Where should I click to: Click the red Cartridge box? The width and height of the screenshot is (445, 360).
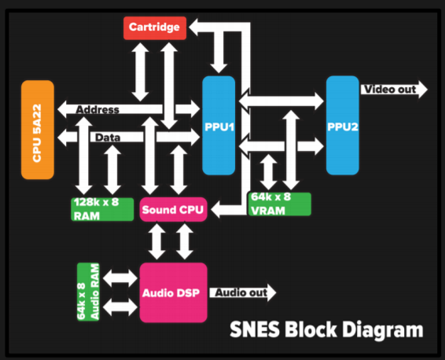[155, 28]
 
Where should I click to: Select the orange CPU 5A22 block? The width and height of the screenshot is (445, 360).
[38, 130]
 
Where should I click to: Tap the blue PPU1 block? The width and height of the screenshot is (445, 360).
[219, 125]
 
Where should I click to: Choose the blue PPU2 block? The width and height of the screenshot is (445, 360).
[343, 125]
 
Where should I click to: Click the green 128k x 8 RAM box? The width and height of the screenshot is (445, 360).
[102, 209]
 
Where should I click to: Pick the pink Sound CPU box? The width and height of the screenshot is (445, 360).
[173, 209]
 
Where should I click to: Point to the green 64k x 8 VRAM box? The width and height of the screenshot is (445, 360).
[280, 204]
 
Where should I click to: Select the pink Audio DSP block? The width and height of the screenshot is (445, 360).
[173, 292]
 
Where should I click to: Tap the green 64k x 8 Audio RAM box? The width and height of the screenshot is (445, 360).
[88, 292]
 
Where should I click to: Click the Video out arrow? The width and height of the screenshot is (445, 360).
[394, 90]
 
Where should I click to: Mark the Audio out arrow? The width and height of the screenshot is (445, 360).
[243, 292]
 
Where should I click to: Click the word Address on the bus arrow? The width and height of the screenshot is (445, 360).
[97, 109]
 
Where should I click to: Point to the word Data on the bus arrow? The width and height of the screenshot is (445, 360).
[108, 138]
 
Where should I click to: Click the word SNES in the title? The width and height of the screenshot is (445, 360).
[255, 329]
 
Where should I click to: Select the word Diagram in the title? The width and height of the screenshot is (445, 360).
[383, 330]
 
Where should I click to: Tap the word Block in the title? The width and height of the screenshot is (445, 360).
[311, 329]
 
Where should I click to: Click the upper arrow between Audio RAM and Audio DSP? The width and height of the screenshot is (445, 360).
[120, 278]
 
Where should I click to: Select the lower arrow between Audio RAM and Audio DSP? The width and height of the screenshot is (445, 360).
[120, 307]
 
